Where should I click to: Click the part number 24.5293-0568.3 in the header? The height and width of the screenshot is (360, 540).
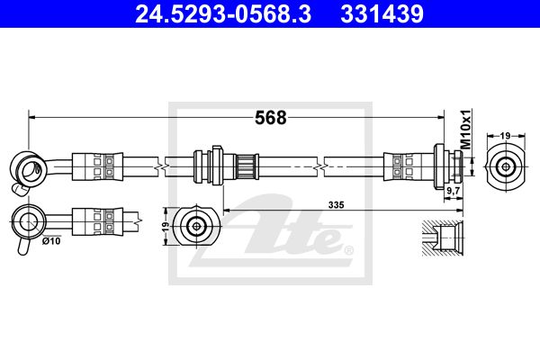(223, 14)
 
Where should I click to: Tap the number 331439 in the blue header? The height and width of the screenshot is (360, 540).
(382, 14)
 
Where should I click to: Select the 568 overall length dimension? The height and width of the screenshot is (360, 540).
(271, 118)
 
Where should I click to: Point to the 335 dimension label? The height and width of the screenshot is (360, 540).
(336, 205)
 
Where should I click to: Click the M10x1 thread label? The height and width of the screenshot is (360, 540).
(465, 130)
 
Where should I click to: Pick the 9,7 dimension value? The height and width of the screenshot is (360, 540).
(454, 190)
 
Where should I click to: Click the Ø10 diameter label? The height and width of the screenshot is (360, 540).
(51, 241)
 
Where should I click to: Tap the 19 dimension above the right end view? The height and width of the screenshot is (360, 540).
(505, 136)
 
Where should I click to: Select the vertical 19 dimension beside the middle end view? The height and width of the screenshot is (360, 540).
(166, 226)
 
